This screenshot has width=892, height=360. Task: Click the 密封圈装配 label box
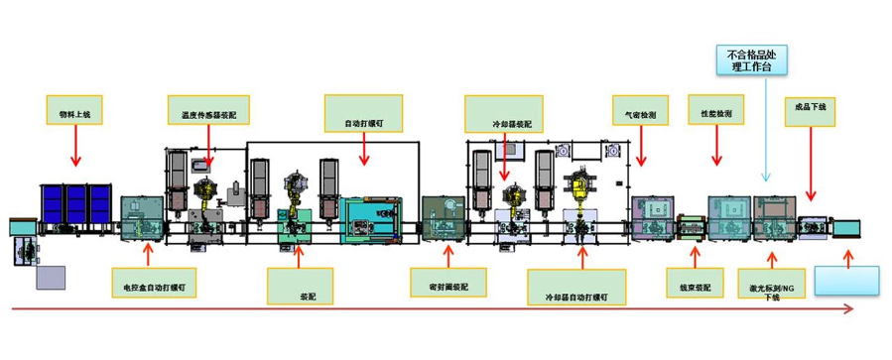pos(442,286)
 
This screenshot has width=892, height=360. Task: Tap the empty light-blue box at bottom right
pos(846,280)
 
